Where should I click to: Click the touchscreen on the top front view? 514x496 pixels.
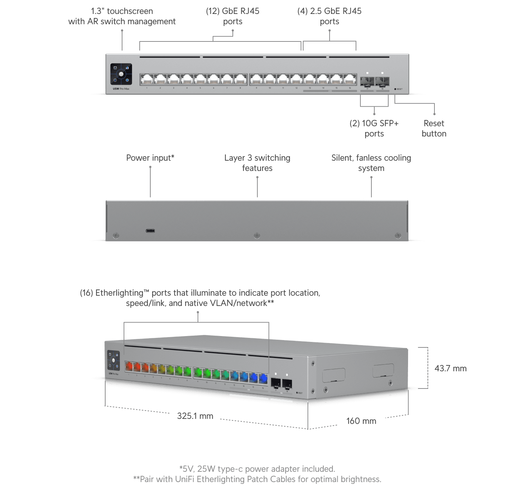point(121,74)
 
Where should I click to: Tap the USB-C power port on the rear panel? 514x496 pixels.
point(150,231)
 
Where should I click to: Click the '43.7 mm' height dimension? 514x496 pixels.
point(450,368)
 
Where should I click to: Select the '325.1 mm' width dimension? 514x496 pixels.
point(195,416)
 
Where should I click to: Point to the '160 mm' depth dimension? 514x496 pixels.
point(361,421)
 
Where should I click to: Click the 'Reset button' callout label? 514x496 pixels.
point(434,128)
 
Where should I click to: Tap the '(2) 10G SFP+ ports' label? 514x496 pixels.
point(374,128)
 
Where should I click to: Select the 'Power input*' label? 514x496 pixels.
point(150,158)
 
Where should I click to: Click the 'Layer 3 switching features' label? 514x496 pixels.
point(257,163)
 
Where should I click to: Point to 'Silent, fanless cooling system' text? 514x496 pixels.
point(371,163)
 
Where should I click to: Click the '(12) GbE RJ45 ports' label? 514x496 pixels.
point(232,16)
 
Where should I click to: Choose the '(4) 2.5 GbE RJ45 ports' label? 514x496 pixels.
point(329,16)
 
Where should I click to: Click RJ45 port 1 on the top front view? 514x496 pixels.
point(147,79)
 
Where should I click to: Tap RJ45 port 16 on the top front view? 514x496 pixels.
point(350,79)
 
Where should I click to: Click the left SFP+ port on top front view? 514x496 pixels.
point(367,81)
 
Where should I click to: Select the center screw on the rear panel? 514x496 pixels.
point(257,236)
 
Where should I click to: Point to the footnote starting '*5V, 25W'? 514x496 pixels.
point(257,469)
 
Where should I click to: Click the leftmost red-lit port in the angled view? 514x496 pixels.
point(129,366)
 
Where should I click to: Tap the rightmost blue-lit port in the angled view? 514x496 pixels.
point(263,378)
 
